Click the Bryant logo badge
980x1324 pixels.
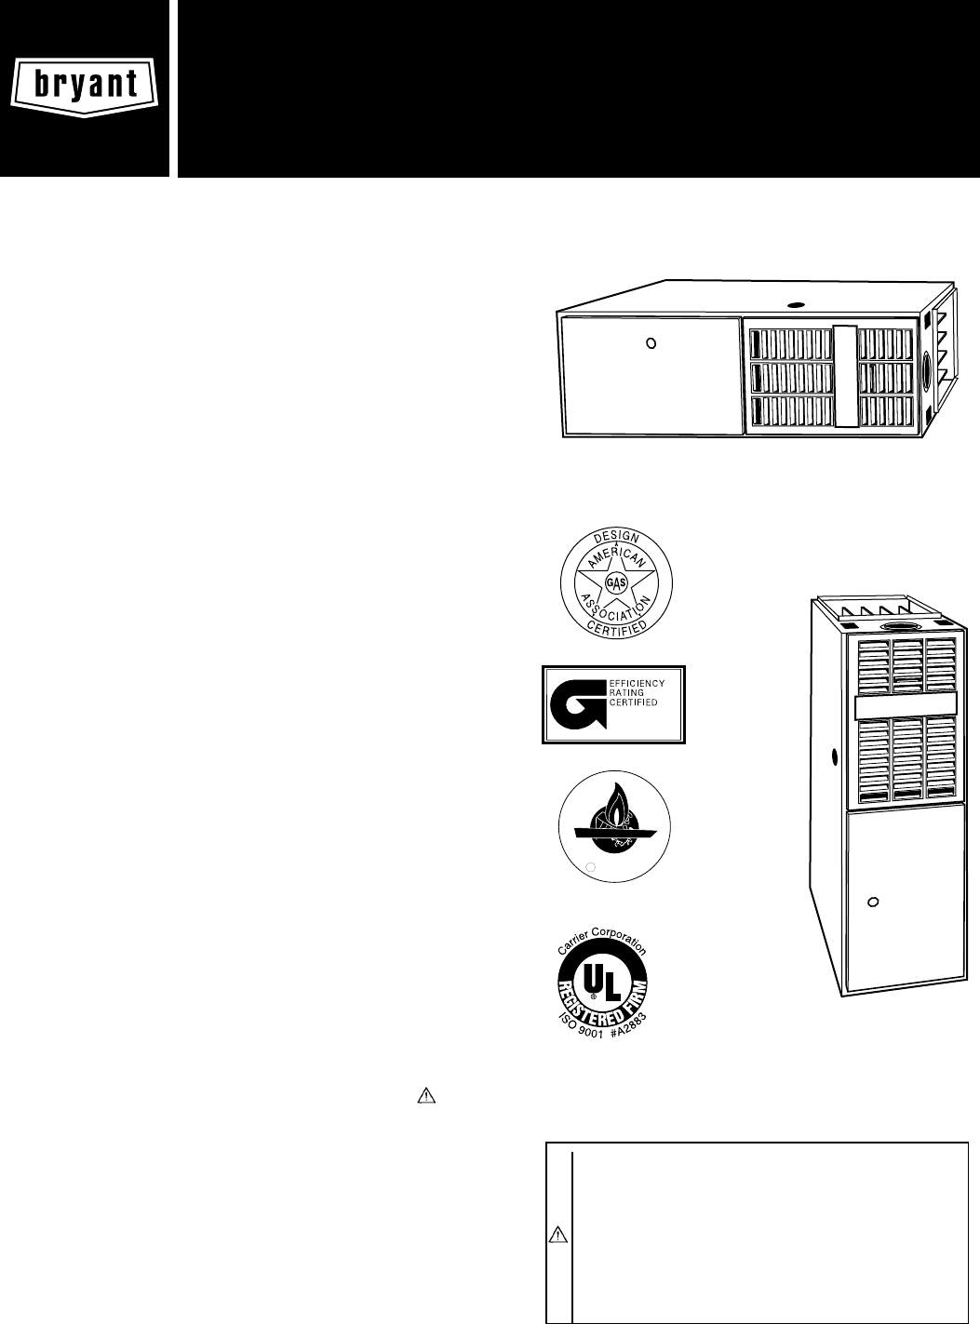pyautogui.click(x=85, y=85)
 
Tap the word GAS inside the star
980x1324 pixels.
pyautogui.click(x=615, y=582)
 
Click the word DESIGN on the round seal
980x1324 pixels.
pyautogui.click(x=615, y=539)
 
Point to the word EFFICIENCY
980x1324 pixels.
pyautogui.click(x=637, y=684)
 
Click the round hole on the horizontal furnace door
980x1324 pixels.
pyautogui.click(x=651, y=342)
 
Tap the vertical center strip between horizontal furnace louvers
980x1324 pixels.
pyautogui.click(x=844, y=375)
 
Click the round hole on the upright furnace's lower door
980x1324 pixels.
pyautogui.click(x=873, y=902)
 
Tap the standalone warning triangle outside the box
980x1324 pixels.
pyautogui.click(x=425, y=1095)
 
